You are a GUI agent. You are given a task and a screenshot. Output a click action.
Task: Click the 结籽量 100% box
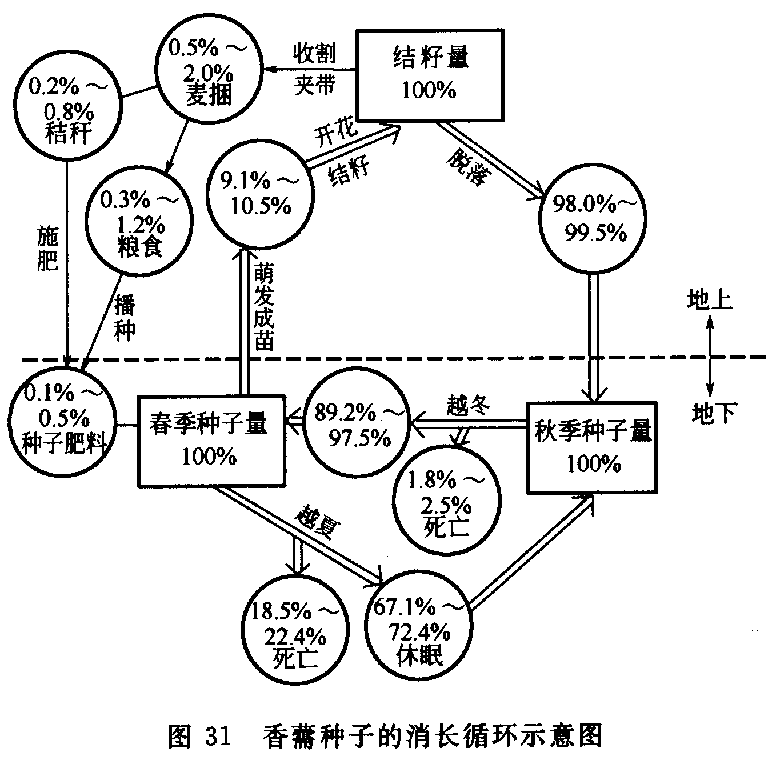click(430, 74)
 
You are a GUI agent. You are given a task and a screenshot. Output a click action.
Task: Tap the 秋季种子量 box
click(593, 447)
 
